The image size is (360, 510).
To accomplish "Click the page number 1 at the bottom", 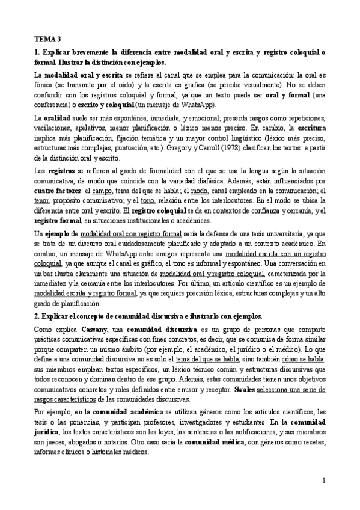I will (x=323, y=481).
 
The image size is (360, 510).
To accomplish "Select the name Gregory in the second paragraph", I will (x=240, y=149).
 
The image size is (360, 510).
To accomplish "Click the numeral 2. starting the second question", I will (x=37, y=316).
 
